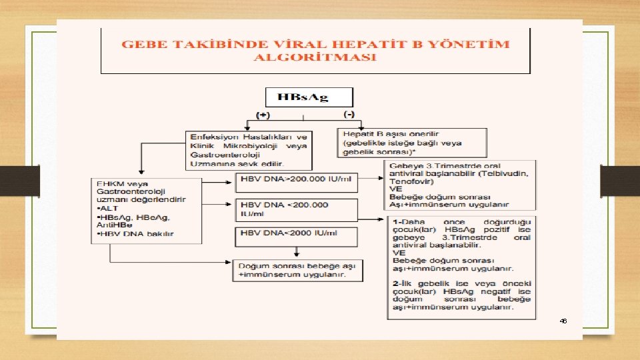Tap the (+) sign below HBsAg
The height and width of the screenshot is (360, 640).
point(265,115)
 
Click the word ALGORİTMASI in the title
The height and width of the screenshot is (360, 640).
point(315,57)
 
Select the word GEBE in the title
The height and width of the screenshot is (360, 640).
point(139,45)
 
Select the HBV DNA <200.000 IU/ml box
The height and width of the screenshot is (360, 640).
point(296,209)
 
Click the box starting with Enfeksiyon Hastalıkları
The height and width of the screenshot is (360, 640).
point(249,150)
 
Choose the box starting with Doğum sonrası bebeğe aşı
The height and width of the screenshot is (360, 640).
point(296,269)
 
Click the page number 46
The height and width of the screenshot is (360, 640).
point(563,321)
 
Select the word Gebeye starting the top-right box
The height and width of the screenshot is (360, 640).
point(404,165)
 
